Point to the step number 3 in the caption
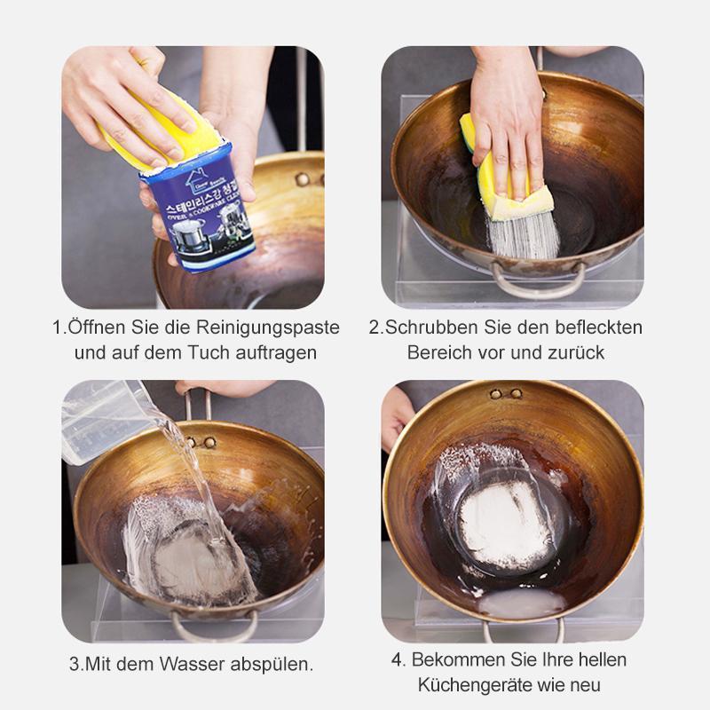tap(74, 664)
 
